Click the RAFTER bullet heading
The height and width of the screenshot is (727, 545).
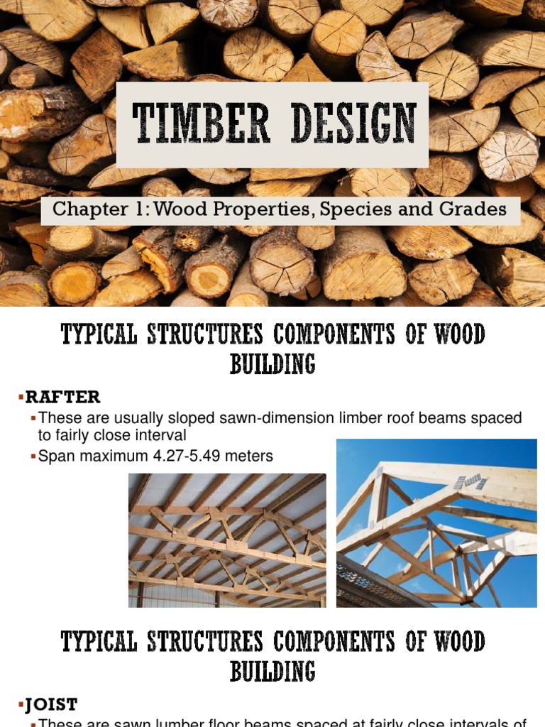coord(62,396)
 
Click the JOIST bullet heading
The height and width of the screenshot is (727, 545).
coord(51,704)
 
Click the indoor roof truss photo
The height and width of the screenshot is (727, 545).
coord(227,540)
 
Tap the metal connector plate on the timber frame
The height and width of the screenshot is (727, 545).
coord(470,482)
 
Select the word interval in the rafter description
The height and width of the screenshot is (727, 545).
coord(164,435)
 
